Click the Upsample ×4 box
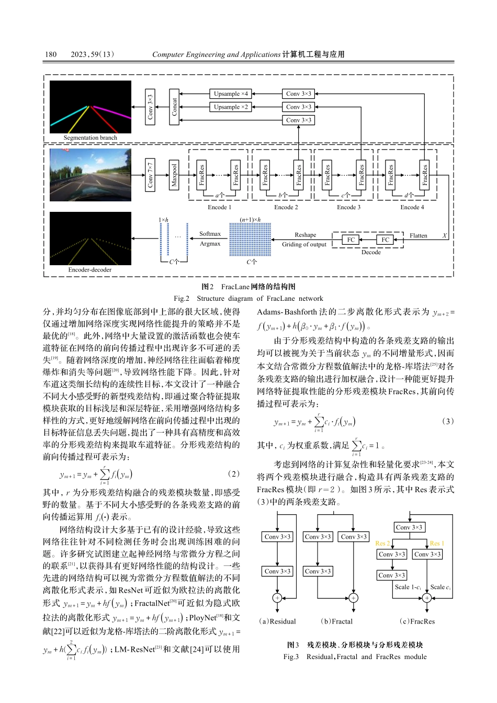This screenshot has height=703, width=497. tap(231, 94)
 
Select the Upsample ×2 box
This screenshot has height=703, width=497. tap(231, 107)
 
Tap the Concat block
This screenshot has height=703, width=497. tap(175, 107)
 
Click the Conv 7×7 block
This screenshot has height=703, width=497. tap(150, 175)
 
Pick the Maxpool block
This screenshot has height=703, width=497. tap(175, 175)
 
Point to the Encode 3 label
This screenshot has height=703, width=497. tap(348, 207)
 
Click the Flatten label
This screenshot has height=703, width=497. tap(418, 236)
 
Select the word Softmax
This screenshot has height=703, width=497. tap(210, 234)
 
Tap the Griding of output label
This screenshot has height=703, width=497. tap(304, 244)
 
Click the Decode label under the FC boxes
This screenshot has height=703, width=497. tap(371, 252)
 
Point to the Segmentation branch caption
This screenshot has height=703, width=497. tap(90, 138)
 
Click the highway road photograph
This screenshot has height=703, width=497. tap(90, 175)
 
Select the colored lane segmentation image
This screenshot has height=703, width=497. tap(90, 107)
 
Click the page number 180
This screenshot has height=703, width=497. tap(51, 54)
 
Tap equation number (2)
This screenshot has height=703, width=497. tap(234, 473)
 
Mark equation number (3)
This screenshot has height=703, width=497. tap(448, 421)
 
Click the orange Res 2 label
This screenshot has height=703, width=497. tap(382, 543)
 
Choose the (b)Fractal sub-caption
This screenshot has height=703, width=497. tap(336, 621)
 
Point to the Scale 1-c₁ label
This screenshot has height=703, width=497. tap(408, 587)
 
